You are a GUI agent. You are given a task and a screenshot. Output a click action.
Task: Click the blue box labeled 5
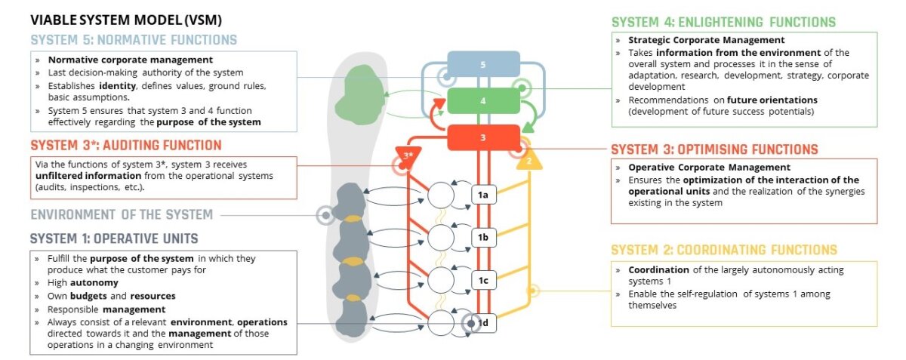pyautogui.click(x=483, y=64)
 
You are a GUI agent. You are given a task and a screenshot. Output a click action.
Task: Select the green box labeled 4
pyautogui.click(x=483, y=100)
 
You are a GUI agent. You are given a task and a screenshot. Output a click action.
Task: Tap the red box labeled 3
pyautogui.click(x=483, y=137)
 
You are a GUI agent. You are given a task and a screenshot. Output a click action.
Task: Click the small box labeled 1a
pyautogui.click(x=483, y=195)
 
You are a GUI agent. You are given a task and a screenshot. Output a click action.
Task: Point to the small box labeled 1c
pyautogui.click(x=483, y=282)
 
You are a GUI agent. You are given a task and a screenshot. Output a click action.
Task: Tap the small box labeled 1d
pyautogui.click(x=484, y=324)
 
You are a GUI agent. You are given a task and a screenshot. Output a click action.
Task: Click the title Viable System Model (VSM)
pyautogui.click(x=126, y=20)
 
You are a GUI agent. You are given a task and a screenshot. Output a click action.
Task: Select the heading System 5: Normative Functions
pyautogui.click(x=134, y=40)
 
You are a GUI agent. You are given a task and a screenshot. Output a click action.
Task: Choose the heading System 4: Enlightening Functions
pyautogui.click(x=723, y=22)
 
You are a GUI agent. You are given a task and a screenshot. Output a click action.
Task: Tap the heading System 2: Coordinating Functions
pyautogui.click(x=723, y=250)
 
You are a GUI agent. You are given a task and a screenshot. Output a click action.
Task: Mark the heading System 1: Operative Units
pyautogui.click(x=114, y=238)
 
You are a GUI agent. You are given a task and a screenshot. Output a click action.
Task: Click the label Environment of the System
pyautogui.click(x=122, y=214)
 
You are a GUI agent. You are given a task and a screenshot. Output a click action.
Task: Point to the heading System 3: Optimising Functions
pyautogui.click(x=714, y=149)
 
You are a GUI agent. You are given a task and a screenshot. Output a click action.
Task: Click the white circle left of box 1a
pyautogui.click(x=442, y=195)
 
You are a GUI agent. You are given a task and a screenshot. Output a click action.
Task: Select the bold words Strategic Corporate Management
pyautogui.click(x=707, y=40)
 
